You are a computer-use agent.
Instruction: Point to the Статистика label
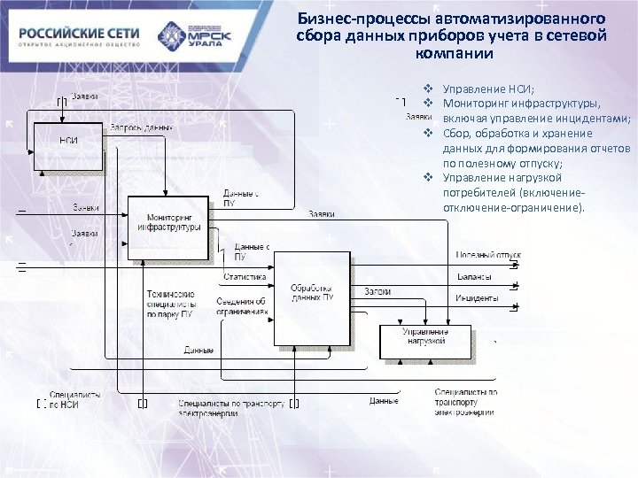(x=245, y=277)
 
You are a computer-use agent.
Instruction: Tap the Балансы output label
(x=475, y=277)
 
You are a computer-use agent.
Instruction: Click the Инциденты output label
(x=477, y=298)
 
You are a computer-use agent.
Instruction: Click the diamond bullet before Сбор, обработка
(x=427, y=133)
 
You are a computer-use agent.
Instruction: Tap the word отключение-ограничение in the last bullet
(x=512, y=208)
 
